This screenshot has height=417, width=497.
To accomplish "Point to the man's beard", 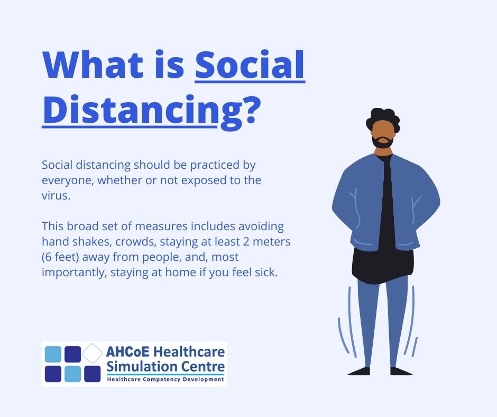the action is click(x=383, y=142).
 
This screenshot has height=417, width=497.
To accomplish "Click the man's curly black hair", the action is click(x=383, y=117).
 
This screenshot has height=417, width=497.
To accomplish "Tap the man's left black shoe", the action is click(x=401, y=371).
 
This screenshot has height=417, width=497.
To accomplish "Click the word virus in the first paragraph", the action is click(x=54, y=195).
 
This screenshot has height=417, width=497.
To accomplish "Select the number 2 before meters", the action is click(x=246, y=242).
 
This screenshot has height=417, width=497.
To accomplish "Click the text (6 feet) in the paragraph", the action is click(x=60, y=257).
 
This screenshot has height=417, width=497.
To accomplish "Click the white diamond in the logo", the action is click(x=93, y=353).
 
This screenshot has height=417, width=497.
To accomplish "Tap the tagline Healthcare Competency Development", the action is click(x=165, y=379).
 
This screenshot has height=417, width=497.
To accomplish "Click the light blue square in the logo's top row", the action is click(x=53, y=354).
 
